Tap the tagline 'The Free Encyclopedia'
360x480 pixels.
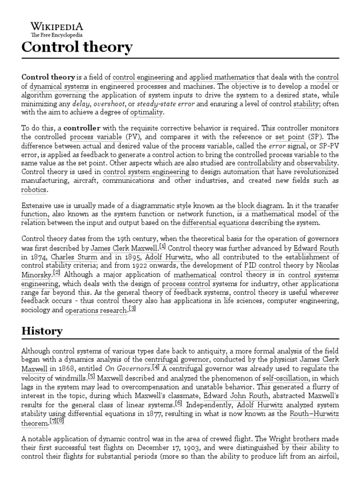click(57, 35)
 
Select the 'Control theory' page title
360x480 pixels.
click(77, 48)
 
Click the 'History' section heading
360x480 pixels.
click(42, 330)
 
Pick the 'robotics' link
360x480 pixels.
click(34, 190)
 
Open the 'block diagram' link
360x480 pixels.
click(260, 206)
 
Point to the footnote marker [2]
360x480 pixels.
click(57, 273)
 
